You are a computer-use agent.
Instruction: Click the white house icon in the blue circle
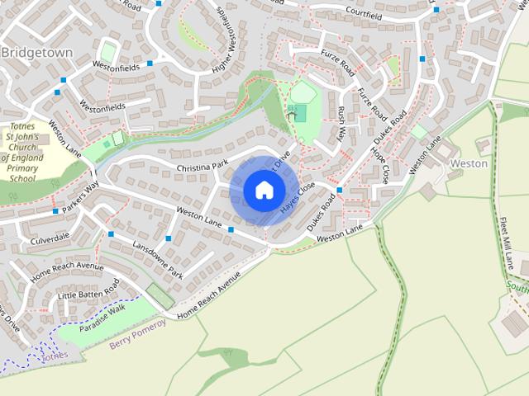(x=264, y=190)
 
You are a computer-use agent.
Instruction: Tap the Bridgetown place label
(x=37, y=52)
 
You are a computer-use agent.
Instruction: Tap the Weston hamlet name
(x=468, y=163)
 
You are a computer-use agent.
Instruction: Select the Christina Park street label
(x=201, y=167)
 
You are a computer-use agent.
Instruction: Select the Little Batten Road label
(x=88, y=290)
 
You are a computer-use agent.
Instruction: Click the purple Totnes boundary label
(x=55, y=356)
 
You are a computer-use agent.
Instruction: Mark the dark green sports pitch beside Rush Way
(x=298, y=113)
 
